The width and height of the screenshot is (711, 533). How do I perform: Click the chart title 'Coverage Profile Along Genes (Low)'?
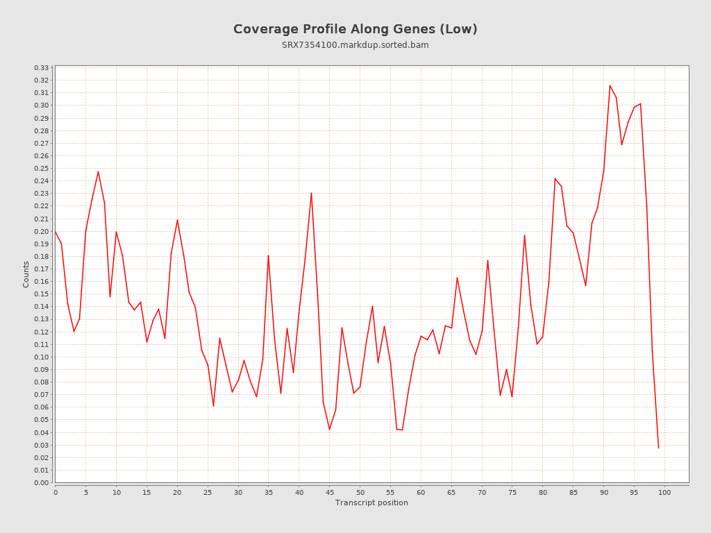click(355, 29)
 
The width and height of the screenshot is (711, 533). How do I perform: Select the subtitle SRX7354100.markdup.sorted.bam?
click(355, 45)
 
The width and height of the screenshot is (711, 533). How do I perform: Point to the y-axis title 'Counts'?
click(26, 274)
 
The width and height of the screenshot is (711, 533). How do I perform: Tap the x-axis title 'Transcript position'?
click(371, 502)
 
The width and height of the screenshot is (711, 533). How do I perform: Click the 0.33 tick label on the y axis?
click(42, 68)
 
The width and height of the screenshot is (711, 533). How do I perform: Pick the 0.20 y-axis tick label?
click(42, 232)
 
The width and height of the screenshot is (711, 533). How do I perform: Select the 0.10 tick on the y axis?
click(42, 357)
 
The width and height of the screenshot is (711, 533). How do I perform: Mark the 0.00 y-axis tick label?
click(42, 483)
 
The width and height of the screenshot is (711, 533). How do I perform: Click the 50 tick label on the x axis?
click(360, 493)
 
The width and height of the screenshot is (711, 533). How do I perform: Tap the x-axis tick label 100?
click(664, 493)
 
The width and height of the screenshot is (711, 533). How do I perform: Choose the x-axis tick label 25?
click(208, 493)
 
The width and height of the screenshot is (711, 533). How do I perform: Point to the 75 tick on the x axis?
click(512, 493)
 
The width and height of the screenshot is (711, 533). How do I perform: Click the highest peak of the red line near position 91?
click(610, 85)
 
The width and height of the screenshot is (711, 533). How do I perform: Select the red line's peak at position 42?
click(311, 193)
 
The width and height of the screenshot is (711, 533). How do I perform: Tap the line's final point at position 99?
click(658, 448)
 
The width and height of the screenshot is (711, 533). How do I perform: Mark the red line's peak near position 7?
click(98, 171)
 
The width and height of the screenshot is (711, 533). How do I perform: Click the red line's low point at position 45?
click(329, 430)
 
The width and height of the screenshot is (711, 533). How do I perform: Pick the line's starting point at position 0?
click(56, 232)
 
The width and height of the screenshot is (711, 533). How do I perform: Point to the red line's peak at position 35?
click(268, 255)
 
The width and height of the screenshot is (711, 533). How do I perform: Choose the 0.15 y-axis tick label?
click(42, 294)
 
